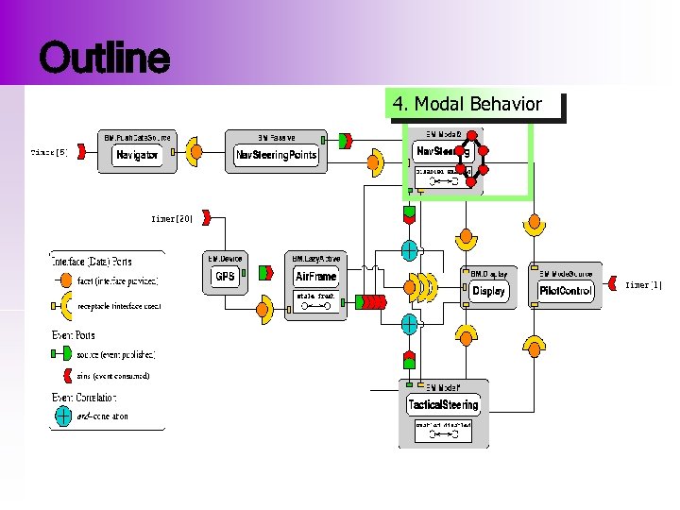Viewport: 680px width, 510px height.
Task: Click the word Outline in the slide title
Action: [x=104, y=59]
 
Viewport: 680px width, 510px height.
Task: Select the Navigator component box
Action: [x=137, y=155]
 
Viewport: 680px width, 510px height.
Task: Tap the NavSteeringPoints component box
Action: [x=277, y=155]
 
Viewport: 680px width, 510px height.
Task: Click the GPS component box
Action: [x=225, y=277]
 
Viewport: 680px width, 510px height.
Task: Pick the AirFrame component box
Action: [x=315, y=277]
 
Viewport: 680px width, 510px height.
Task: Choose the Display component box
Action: [x=488, y=291]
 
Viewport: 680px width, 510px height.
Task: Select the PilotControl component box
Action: [x=566, y=291]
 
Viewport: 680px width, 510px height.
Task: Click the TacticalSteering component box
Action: [x=443, y=405]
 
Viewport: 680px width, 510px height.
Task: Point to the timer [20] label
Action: [x=172, y=218]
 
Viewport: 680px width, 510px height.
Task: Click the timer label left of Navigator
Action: [x=49, y=151]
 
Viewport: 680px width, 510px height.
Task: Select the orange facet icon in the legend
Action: [x=63, y=280]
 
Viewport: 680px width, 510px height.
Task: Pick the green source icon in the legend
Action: [x=63, y=354]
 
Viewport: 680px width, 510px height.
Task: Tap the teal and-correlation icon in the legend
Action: [x=63, y=415]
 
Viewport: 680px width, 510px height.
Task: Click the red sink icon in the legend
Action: [x=63, y=375]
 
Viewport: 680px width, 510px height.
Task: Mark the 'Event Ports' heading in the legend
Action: [x=73, y=335]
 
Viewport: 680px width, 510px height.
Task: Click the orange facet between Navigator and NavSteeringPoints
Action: [x=195, y=152]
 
